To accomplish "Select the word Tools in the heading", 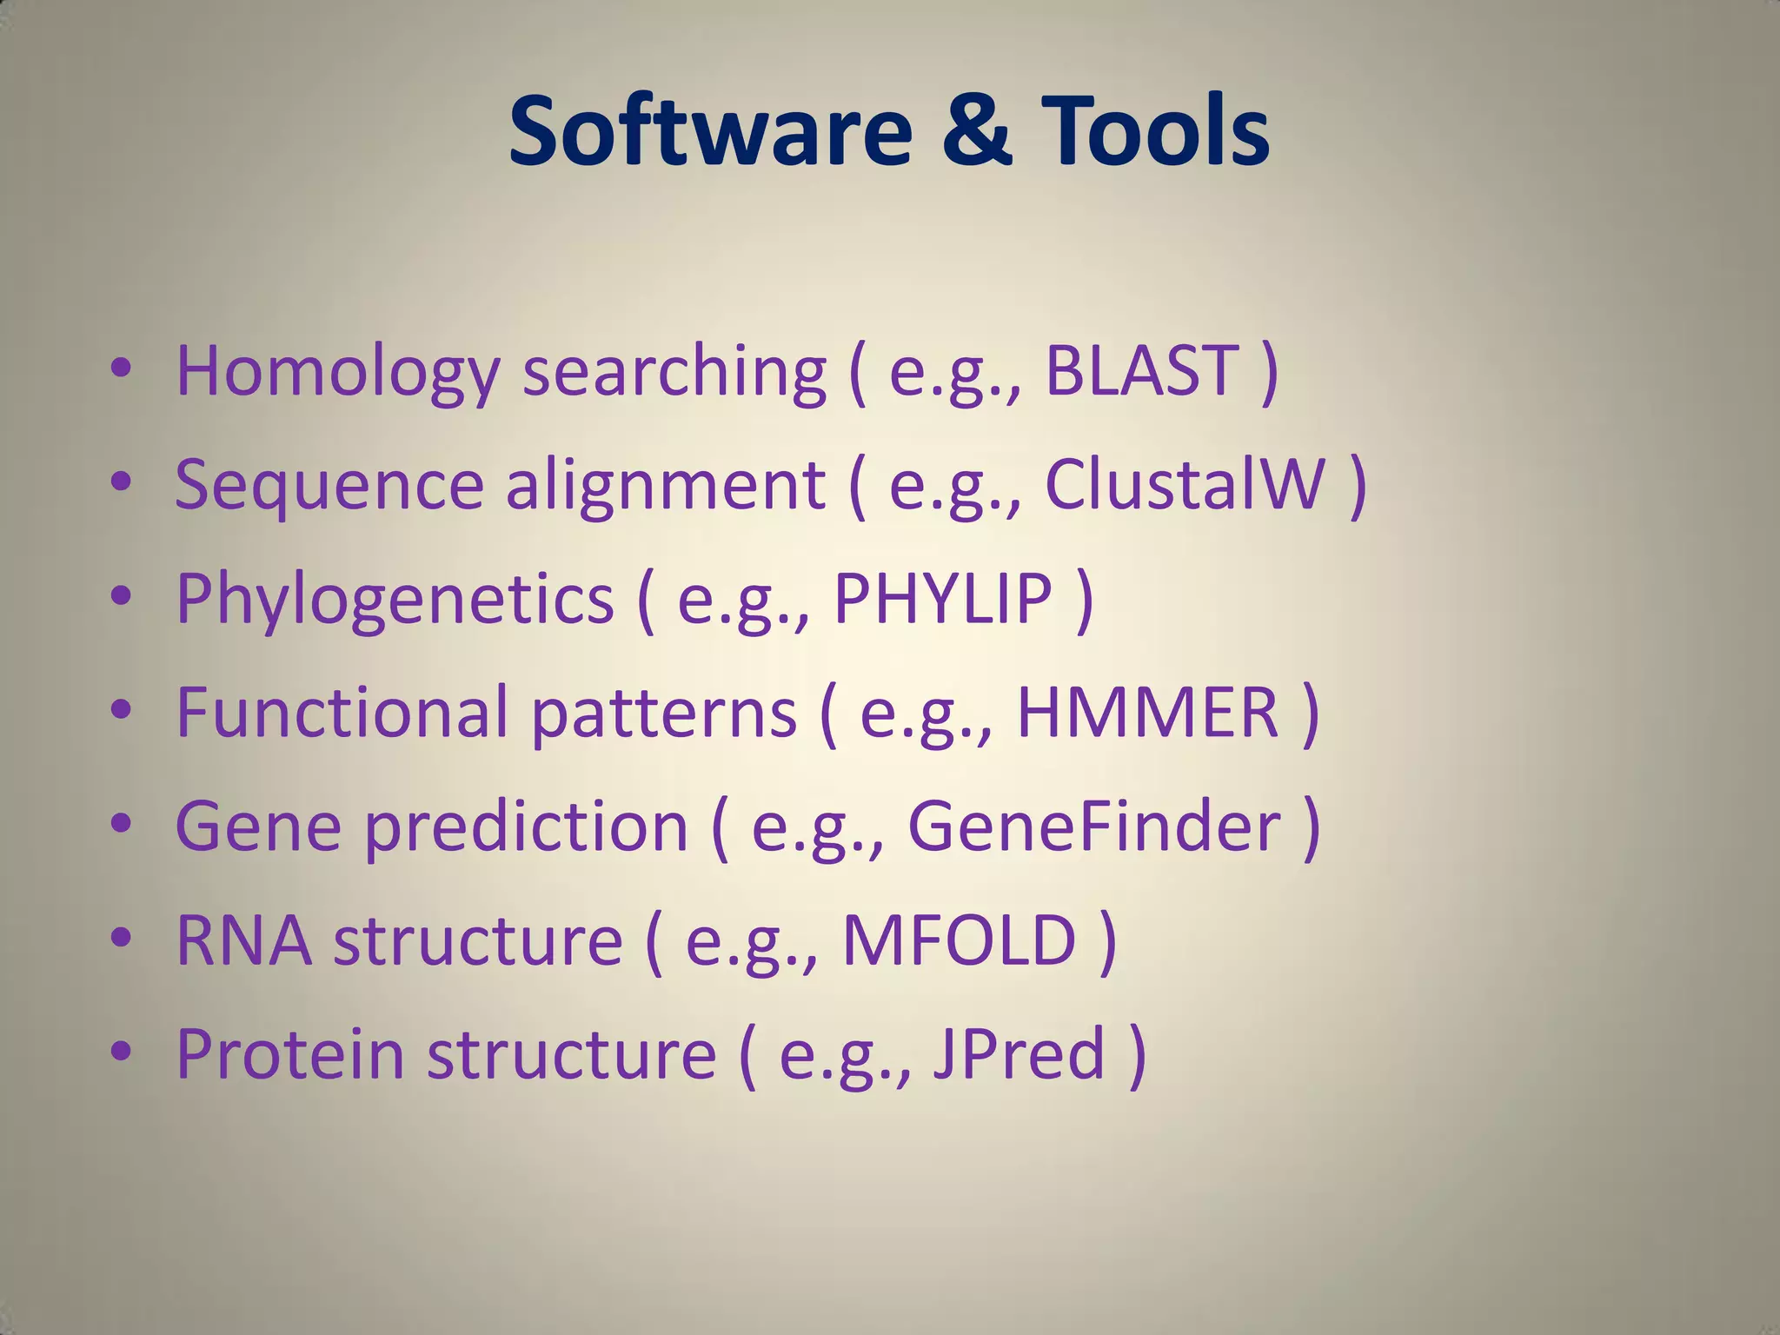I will point(1156,132).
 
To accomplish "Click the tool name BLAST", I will point(1141,370).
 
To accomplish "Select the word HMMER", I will point(1147,712).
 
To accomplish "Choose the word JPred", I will point(1019,1053).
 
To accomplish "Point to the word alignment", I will point(665,486).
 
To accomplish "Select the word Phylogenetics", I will point(395,600).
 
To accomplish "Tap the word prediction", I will point(526,827).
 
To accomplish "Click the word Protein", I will point(290,1053).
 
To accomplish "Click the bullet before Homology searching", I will point(121,367).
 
